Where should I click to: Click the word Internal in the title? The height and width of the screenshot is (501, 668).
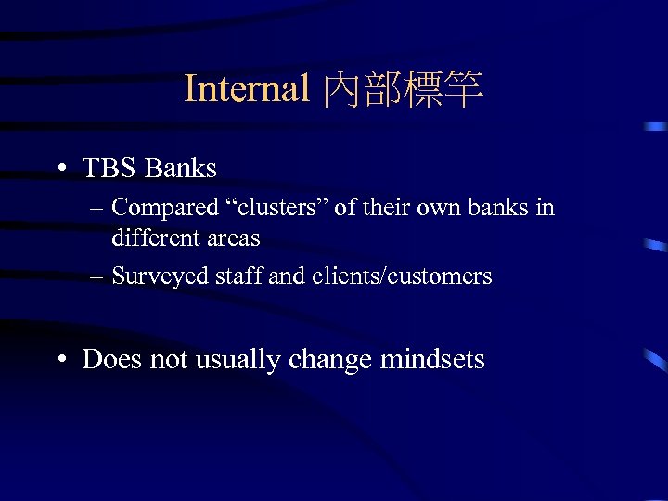tap(247, 89)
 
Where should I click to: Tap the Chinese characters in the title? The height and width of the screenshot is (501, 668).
tap(403, 90)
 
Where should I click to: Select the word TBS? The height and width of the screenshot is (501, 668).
tap(110, 168)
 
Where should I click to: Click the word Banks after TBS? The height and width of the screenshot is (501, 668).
tap(181, 168)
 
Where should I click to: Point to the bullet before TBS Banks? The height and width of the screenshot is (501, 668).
tap(60, 169)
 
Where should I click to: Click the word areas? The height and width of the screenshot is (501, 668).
tap(232, 238)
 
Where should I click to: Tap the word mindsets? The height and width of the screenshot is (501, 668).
tap(433, 360)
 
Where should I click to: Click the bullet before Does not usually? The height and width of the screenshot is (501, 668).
tap(60, 360)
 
